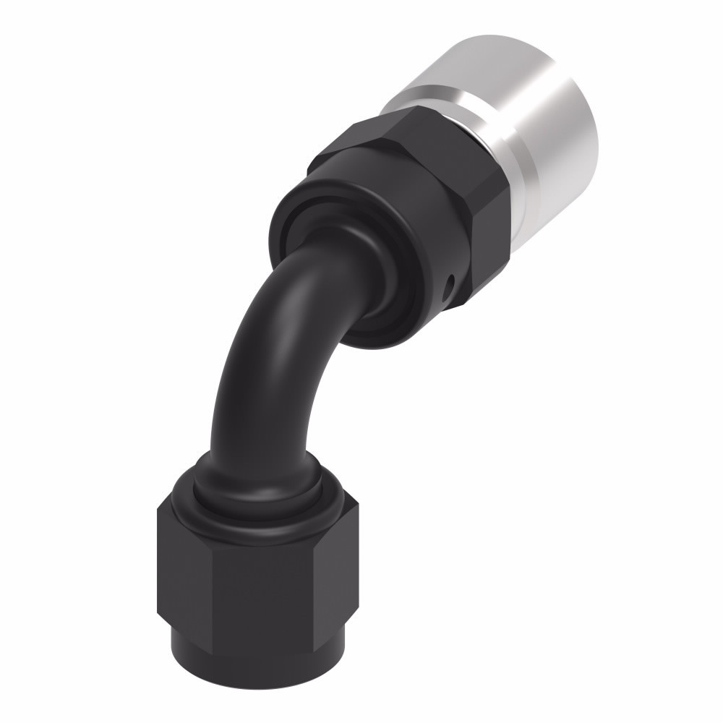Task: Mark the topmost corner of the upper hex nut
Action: point(419,108)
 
